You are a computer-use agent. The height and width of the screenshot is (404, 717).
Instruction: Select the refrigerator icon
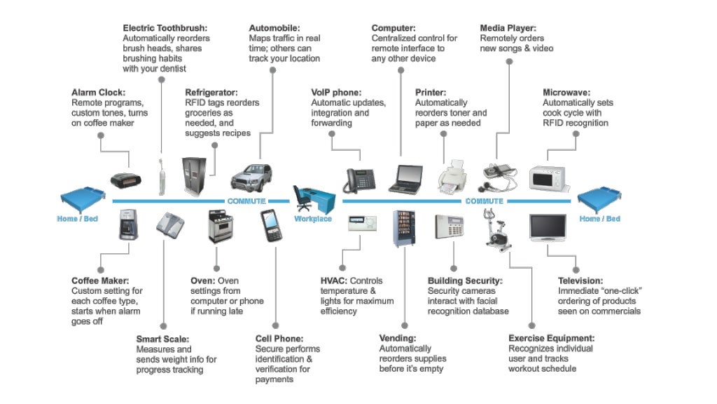click(194, 175)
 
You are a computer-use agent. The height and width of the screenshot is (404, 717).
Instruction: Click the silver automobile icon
click(251, 175)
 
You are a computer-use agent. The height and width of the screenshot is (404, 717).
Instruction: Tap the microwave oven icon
click(548, 177)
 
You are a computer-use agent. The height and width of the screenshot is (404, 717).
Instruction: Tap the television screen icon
click(548, 229)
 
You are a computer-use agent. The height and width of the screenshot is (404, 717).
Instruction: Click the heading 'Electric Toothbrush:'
click(165, 28)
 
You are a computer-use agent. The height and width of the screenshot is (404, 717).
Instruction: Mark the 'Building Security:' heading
click(465, 281)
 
